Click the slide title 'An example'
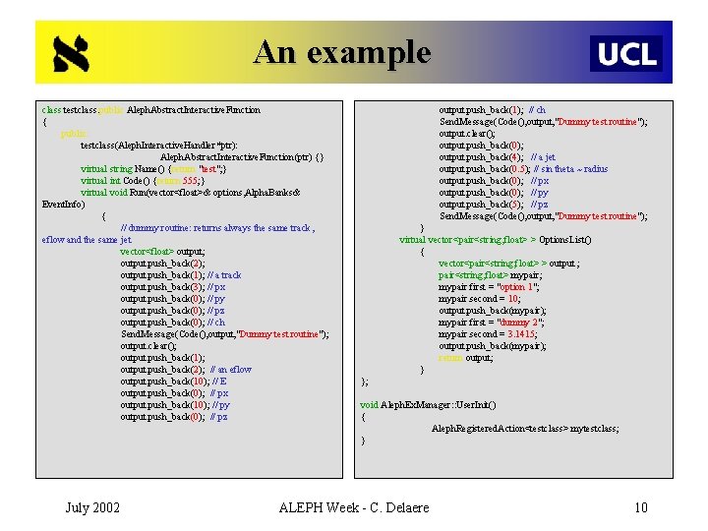(x=341, y=51)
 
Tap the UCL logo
(x=626, y=53)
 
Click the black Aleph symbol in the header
(x=71, y=54)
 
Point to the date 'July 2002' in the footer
(x=92, y=507)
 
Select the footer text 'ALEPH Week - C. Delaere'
(x=354, y=507)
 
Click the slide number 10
(x=641, y=507)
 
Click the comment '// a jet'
(x=543, y=157)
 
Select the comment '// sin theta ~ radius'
(x=571, y=169)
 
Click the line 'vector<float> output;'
(x=155, y=252)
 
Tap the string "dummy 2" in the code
(x=517, y=323)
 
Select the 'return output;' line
(x=465, y=358)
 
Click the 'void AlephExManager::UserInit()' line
(x=428, y=405)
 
